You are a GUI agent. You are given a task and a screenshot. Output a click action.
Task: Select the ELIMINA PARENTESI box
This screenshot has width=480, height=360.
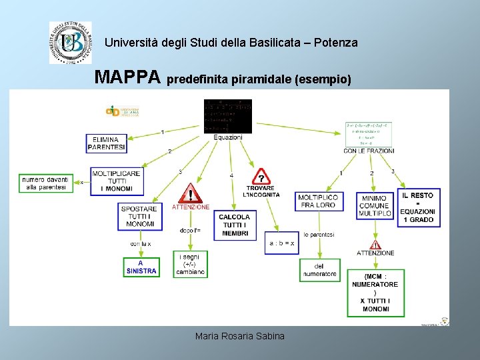[106, 143]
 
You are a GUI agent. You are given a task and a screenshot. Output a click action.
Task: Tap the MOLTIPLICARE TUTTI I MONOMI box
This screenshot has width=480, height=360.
[116, 181]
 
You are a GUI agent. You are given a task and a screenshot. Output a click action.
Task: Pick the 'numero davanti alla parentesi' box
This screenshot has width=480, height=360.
[45, 183]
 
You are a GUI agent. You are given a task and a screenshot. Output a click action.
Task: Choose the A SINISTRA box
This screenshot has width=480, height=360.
[141, 267]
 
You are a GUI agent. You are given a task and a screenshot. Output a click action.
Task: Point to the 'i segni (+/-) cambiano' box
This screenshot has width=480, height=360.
[190, 264]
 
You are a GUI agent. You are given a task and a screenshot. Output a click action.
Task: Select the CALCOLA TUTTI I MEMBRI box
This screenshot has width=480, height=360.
[235, 225]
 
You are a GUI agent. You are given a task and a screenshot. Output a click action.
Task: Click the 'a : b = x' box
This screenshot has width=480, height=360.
[281, 243]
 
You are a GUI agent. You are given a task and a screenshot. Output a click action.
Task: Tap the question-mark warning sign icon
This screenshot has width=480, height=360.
[262, 177]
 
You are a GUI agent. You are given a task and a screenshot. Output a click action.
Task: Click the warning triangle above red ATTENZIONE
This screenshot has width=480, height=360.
[191, 193]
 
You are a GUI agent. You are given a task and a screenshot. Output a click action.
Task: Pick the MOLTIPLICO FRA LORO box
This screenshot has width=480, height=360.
[318, 201]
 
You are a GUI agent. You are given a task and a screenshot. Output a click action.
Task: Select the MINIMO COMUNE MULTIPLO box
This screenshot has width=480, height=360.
[374, 206]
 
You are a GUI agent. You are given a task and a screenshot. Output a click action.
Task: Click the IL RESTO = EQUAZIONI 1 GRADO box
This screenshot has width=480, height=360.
[418, 207]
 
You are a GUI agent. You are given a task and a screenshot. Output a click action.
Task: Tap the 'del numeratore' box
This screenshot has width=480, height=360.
[320, 269]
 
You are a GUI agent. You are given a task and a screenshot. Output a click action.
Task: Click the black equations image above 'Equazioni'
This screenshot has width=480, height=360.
[227, 116]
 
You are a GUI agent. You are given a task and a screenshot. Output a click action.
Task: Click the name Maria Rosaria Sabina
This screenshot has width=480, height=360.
[239, 336]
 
